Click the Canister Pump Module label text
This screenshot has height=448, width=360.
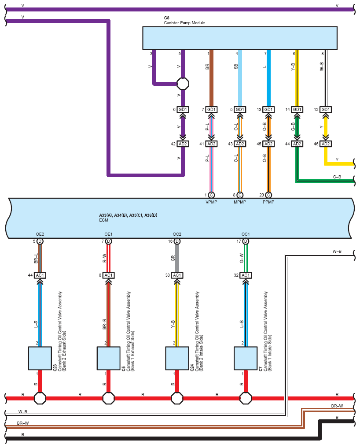[x=184, y=23]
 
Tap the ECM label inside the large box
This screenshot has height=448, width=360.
[x=103, y=220]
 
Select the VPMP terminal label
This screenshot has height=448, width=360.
[x=211, y=202]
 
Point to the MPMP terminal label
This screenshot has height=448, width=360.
[x=240, y=202]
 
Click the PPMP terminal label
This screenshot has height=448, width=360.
[x=268, y=202]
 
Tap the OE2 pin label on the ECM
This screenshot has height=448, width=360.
[x=40, y=234]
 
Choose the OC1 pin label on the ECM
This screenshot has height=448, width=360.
[x=246, y=234]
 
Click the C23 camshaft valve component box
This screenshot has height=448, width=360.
[x=40, y=358]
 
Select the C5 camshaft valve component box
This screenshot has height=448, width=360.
[x=109, y=358]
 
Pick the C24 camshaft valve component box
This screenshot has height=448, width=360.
[x=177, y=358]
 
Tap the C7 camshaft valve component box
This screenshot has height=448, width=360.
[x=246, y=358]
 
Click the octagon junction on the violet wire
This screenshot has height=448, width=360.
[x=183, y=84]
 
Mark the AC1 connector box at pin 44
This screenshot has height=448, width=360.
[x=40, y=275]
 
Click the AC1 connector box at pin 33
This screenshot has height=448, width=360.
[x=177, y=275]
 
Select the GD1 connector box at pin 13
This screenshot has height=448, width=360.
[x=268, y=109]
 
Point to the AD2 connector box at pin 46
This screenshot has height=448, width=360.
[x=326, y=144]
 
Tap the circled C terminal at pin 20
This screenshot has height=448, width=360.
[x=268, y=195]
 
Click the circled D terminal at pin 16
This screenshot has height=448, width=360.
[x=177, y=241]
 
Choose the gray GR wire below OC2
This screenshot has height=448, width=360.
[x=177, y=258]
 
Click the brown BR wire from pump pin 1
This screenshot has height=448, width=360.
[x=211, y=78]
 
